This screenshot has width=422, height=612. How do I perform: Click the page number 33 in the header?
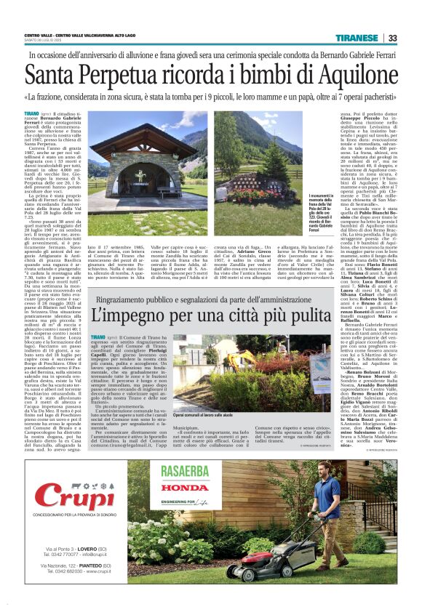pyautogui.click(x=392, y=38)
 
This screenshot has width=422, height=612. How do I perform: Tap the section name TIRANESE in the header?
pyautogui.click(x=362, y=38)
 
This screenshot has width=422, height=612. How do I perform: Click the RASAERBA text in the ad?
pyautogui.click(x=186, y=470)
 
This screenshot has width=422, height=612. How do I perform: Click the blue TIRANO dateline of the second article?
pyautogui.click(x=97, y=339)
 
